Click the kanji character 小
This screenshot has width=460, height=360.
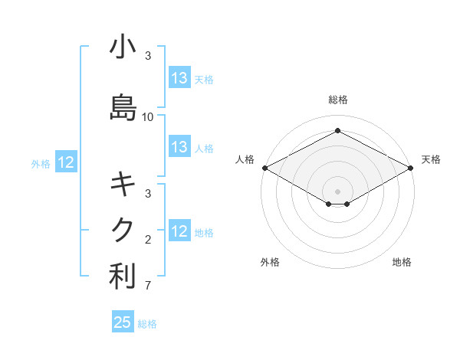click(123, 47)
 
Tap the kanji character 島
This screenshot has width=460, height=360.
click(123, 107)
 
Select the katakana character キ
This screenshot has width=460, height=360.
click(123, 185)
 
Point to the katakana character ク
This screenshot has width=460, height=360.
click(123, 229)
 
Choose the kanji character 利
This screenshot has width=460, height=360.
click(123, 277)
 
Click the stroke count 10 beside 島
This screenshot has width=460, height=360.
click(148, 117)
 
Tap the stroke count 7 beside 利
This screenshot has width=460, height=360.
click(148, 286)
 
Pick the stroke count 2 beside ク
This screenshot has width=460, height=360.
click(148, 240)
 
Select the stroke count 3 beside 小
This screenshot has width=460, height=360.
click(148, 57)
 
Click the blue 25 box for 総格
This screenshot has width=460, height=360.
click(123, 322)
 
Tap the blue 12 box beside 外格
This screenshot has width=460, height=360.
click(66, 162)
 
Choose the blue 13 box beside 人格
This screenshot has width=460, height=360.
click(179, 148)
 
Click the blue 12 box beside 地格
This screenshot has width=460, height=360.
click(179, 231)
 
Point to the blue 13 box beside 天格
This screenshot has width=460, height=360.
click(179, 78)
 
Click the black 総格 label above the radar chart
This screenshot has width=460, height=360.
click(337, 100)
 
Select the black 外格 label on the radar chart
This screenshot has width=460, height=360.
click(270, 262)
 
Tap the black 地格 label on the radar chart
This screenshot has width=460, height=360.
click(402, 262)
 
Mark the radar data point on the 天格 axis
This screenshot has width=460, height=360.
click(411, 168)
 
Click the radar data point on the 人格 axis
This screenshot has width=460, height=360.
click(264, 168)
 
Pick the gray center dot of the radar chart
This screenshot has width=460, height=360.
click(337, 191)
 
